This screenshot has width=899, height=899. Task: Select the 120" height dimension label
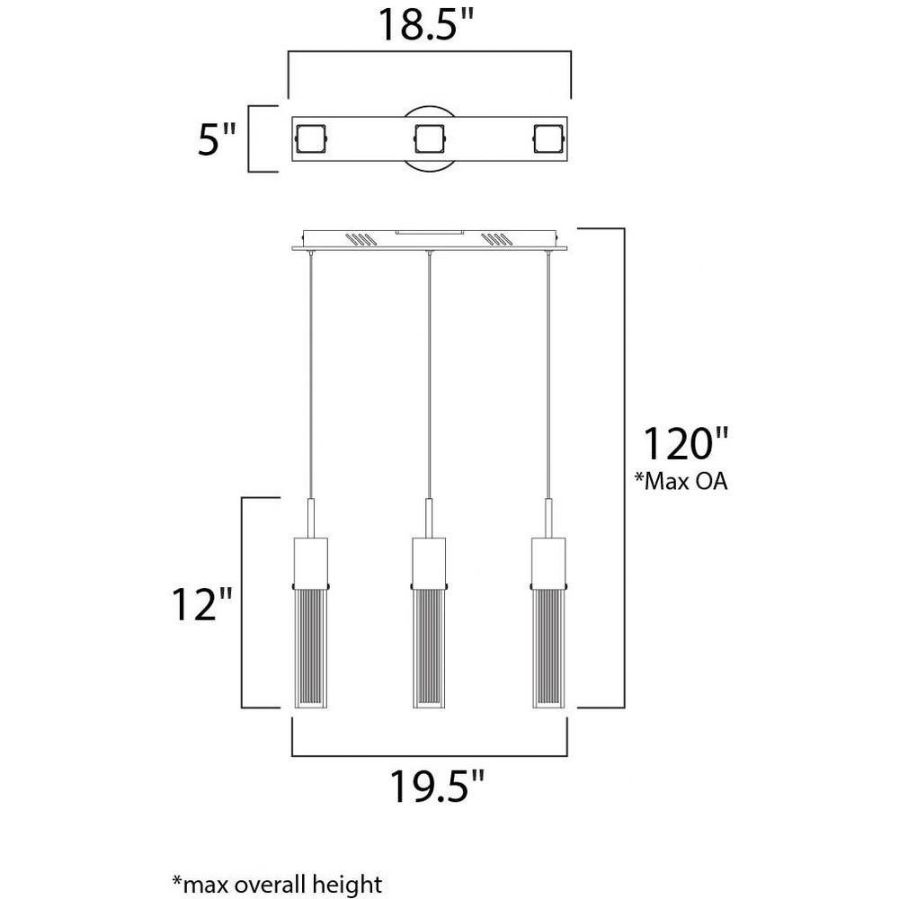686,443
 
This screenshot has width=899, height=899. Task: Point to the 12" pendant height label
202,603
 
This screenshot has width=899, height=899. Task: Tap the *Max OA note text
681,481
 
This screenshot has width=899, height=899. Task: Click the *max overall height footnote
277,884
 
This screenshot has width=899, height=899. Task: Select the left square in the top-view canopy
310,138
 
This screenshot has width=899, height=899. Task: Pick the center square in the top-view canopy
430,138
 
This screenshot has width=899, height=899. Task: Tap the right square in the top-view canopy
548,138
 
